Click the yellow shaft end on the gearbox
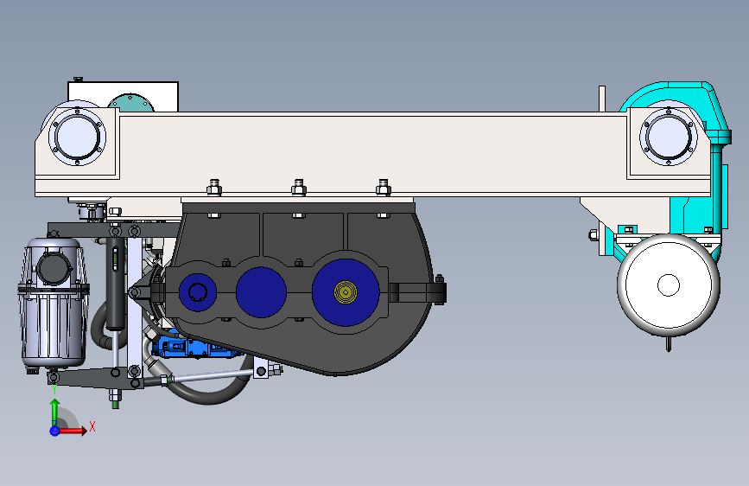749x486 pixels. click(x=346, y=291)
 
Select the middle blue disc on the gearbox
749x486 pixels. click(x=261, y=292)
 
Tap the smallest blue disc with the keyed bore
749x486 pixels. click(x=197, y=292)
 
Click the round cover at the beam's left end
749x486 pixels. click(x=77, y=137)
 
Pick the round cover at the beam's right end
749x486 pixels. click(x=669, y=137)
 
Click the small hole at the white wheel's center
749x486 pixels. click(x=669, y=285)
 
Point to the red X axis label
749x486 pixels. click(x=92, y=426)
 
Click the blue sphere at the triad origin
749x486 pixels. click(x=55, y=431)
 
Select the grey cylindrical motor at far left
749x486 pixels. click(x=53, y=304)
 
